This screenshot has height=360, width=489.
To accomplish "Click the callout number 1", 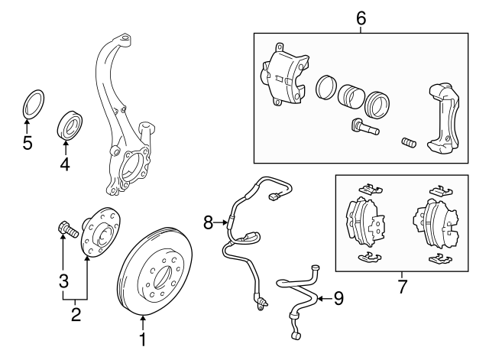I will (141, 337).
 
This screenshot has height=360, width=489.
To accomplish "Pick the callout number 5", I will (28, 143).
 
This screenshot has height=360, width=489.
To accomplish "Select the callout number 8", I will (208, 222).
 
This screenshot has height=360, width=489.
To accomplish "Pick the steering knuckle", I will (126, 138).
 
